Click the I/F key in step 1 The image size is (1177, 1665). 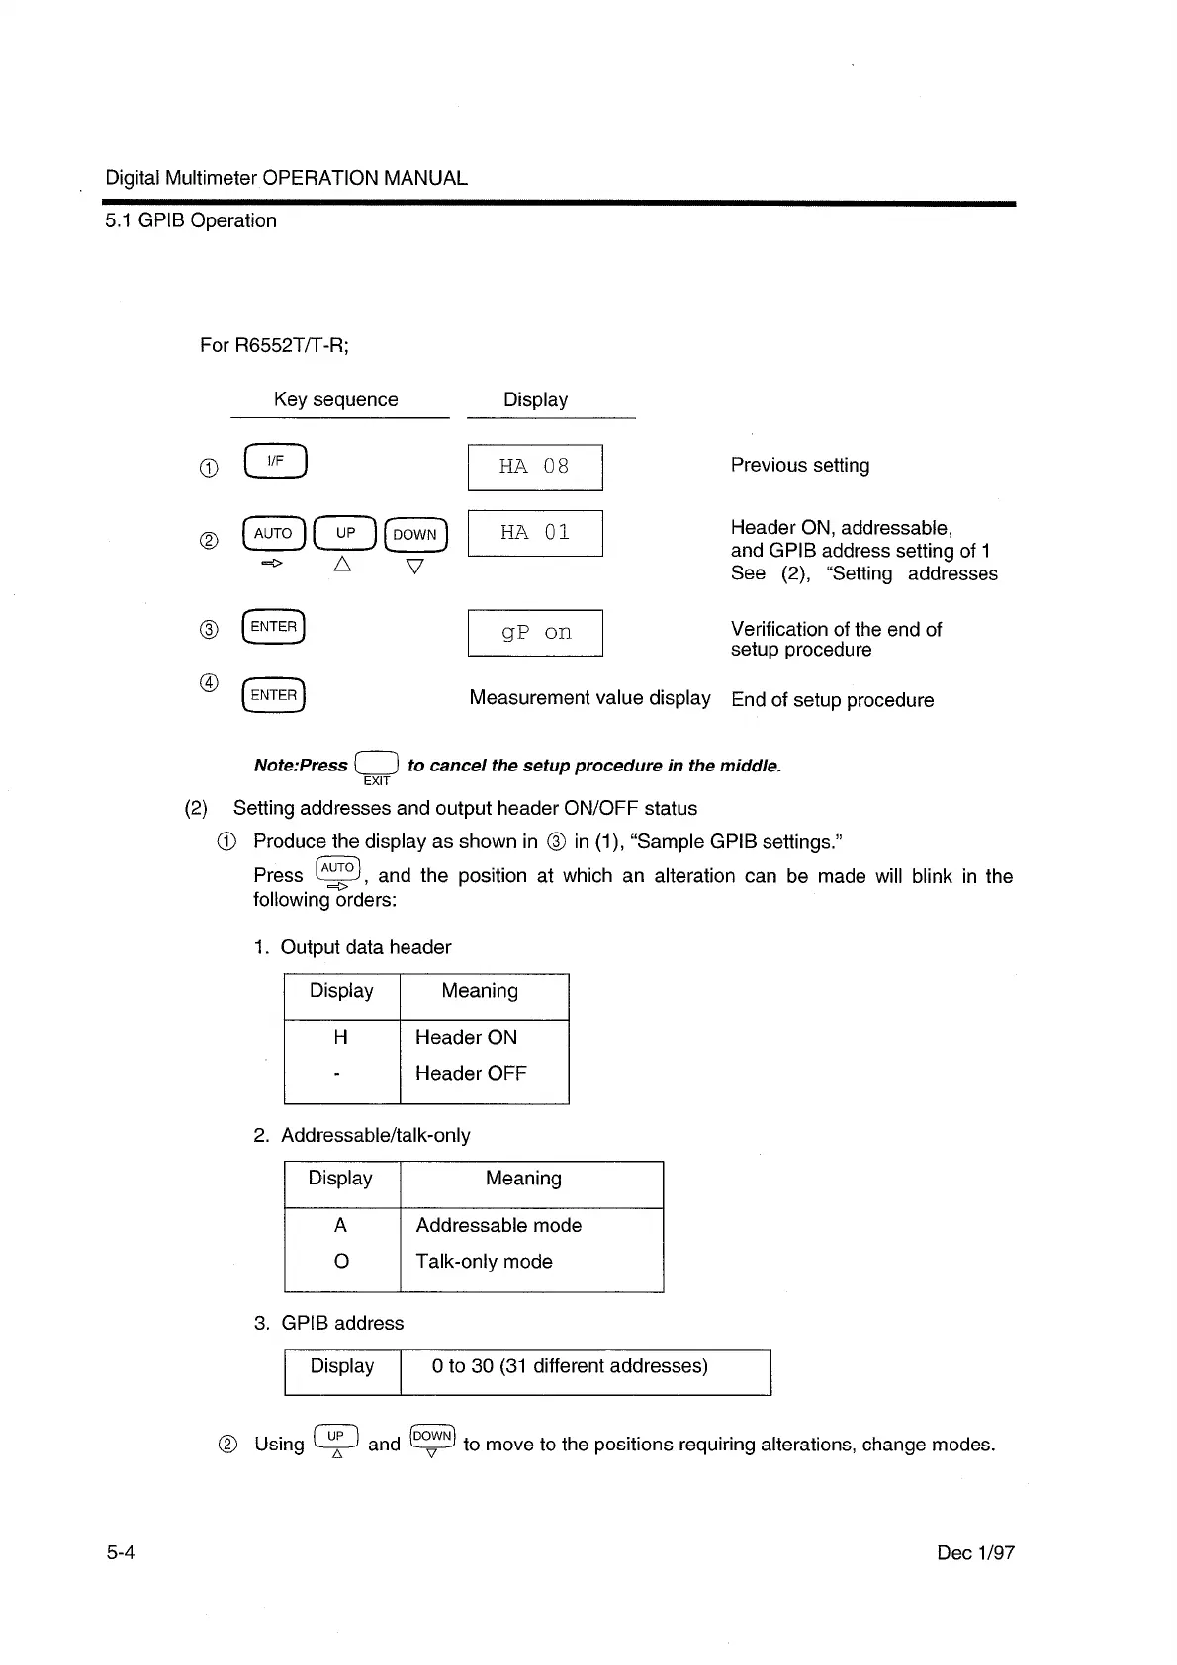[x=276, y=462]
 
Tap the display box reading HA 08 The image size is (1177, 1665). [x=535, y=468]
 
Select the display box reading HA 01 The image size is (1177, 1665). [x=535, y=533]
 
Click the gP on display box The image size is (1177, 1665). [x=535, y=633]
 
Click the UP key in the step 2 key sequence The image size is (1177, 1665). [x=345, y=533]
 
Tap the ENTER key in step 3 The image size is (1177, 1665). [x=274, y=627]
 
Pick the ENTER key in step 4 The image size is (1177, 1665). [x=274, y=695]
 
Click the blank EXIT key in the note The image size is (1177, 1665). [x=377, y=764]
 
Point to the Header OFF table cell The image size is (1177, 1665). [x=471, y=1073]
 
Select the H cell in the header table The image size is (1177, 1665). [x=341, y=1037]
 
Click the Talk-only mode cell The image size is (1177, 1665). [x=484, y=1261]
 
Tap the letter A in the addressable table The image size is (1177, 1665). [x=341, y=1225]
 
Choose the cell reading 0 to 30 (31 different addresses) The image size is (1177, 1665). [x=571, y=1366]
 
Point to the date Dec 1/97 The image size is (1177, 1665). [x=975, y=1553]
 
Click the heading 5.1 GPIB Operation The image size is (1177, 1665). [x=191, y=220]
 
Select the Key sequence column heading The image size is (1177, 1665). [x=336, y=399]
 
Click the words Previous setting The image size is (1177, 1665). [x=800, y=465]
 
